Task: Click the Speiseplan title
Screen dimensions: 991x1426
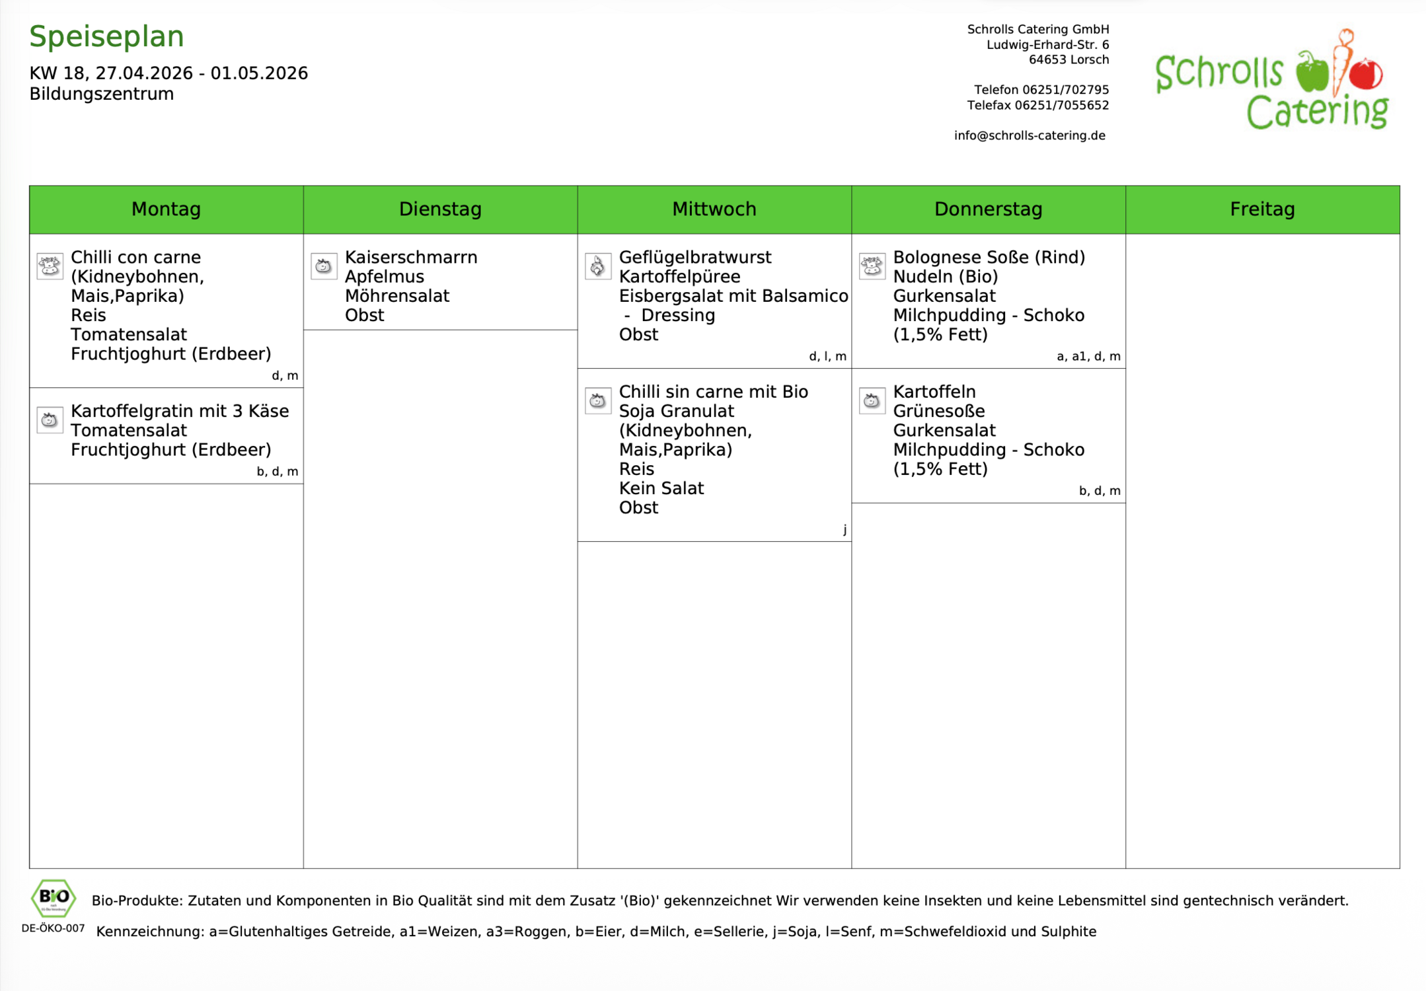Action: tap(106, 37)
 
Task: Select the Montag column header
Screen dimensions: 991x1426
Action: tap(166, 209)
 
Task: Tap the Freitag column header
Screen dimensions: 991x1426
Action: tap(1262, 209)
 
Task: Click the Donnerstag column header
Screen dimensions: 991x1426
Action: tap(988, 209)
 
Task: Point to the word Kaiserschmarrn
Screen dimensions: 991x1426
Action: tap(411, 257)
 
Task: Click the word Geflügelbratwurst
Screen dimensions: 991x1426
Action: tap(694, 257)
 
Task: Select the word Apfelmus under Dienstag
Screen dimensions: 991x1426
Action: tap(385, 276)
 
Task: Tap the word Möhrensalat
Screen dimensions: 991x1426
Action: tap(397, 296)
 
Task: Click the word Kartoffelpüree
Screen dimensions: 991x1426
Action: tap(679, 276)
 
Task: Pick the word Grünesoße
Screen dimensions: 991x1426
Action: tap(939, 411)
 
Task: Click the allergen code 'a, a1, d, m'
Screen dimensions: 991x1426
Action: tap(1088, 357)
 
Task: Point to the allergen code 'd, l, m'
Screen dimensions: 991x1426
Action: tap(827, 357)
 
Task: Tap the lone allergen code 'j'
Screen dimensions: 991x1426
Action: tap(844, 530)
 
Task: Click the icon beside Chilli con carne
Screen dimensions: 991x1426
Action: tap(50, 266)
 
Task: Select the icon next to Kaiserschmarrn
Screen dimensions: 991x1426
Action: tap(324, 266)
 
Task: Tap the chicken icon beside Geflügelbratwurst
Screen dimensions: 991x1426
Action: tap(598, 266)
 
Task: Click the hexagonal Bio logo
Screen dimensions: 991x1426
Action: tap(54, 898)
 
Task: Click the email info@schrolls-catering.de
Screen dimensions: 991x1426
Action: tap(1030, 135)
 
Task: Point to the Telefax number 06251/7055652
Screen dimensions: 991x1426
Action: tap(1061, 105)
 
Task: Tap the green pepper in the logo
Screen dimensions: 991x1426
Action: tap(1312, 72)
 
